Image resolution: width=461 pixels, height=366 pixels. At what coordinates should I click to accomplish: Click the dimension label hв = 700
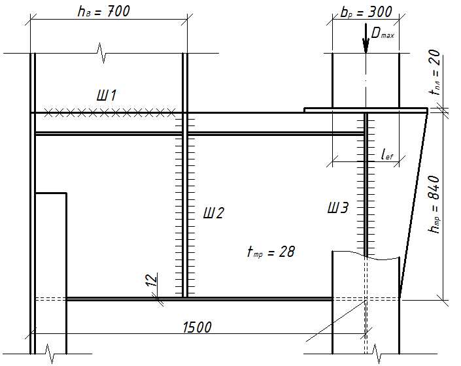click(x=103, y=12)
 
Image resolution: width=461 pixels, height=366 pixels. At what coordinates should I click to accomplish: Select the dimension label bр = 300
click(x=366, y=12)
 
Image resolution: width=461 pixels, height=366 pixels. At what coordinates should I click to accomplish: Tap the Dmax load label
click(x=383, y=33)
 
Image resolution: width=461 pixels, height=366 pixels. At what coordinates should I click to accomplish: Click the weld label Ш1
click(x=107, y=95)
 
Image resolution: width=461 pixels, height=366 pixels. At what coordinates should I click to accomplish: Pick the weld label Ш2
click(x=213, y=212)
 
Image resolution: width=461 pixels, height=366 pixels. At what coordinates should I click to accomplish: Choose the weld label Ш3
click(x=338, y=208)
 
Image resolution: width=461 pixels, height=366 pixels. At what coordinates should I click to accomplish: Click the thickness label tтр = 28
click(x=271, y=252)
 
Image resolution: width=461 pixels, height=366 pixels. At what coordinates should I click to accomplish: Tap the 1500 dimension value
click(x=197, y=327)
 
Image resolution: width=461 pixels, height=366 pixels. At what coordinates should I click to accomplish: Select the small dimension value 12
click(x=152, y=280)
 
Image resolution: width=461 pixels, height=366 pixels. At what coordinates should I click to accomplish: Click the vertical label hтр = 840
click(x=434, y=204)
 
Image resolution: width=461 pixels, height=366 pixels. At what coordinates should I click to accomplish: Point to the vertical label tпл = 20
click(x=435, y=72)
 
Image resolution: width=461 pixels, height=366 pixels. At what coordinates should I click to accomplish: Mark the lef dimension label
click(x=387, y=154)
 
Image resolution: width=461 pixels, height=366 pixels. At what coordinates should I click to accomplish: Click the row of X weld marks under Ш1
click(x=110, y=112)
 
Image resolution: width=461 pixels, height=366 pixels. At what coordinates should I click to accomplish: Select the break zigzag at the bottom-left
click(x=50, y=354)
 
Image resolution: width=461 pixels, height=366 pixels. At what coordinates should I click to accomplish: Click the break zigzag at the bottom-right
click(x=377, y=354)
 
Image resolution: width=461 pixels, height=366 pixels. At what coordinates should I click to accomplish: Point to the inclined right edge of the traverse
click(x=413, y=206)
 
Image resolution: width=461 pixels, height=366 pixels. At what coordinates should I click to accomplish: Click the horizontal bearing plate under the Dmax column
click(x=366, y=110)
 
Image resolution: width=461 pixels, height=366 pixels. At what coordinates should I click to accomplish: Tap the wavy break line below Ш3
click(x=366, y=255)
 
